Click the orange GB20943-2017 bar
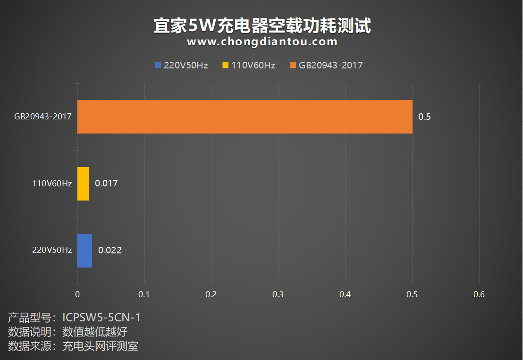(x=245, y=117)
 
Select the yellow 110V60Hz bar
(x=83, y=184)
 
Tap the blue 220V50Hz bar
(x=84, y=251)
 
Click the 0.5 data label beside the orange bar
(x=424, y=117)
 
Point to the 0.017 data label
(x=106, y=184)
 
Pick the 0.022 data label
(x=110, y=251)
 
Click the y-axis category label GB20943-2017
(x=43, y=117)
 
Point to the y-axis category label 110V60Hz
(x=52, y=184)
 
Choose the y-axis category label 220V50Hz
(x=52, y=251)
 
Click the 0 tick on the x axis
(x=77, y=294)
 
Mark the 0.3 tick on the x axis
(x=278, y=294)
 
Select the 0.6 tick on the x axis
(x=479, y=294)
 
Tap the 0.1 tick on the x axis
(x=144, y=294)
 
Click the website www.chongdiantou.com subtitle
(x=262, y=42)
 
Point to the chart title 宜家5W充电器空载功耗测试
(x=262, y=25)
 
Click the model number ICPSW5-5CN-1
(x=101, y=318)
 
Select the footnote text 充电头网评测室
(x=100, y=346)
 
